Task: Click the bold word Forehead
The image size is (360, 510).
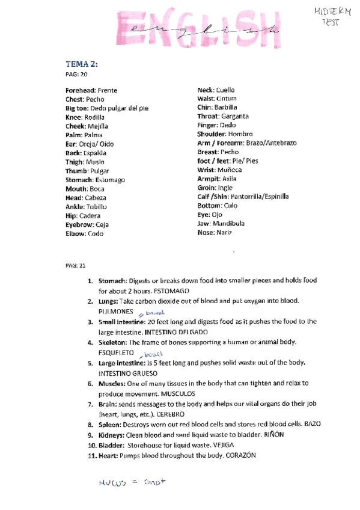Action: pos(81,90)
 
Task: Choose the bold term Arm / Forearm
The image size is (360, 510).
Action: pos(221,143)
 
